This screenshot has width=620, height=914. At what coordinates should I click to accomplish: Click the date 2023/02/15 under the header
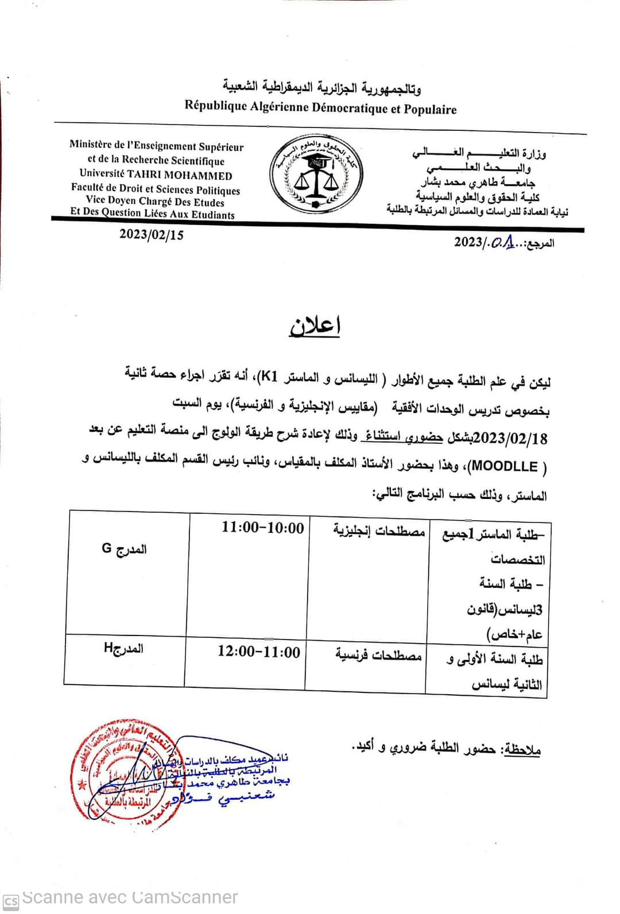(x=152, y=235)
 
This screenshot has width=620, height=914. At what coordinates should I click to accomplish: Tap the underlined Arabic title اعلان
(x=315, y=326)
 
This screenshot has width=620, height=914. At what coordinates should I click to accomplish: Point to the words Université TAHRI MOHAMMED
(x=156, y=175)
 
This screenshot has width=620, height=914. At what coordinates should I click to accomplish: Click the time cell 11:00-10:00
(x=263, y=528)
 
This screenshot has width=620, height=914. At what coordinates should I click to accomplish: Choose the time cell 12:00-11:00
(x=259, y=652)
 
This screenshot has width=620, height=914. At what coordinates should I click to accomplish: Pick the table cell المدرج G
(x=124, y=549)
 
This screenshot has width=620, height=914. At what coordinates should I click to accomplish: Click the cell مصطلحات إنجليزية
(x=379, y=530)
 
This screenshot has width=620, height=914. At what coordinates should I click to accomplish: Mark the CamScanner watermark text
(x=129, y=897)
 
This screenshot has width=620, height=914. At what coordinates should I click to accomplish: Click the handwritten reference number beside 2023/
(x=503, y=242)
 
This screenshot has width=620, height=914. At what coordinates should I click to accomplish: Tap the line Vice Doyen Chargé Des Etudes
(x=155, y=202)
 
